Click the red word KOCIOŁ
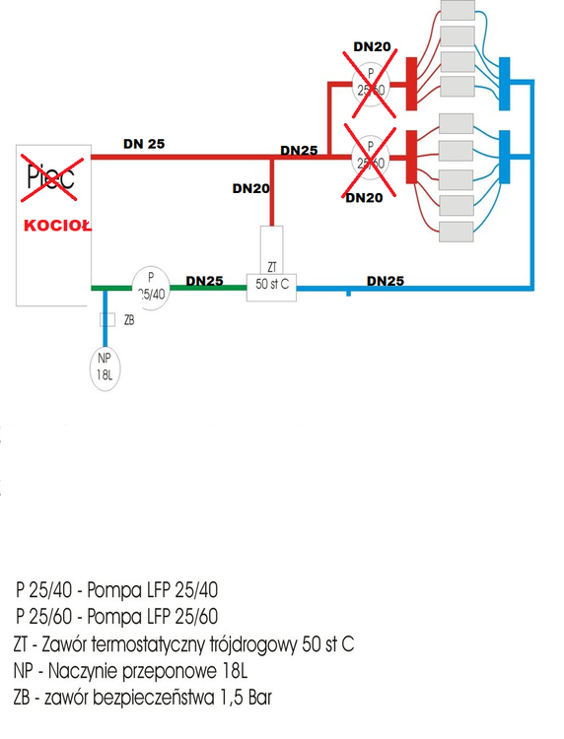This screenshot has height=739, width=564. pyautogui.click(x=57, y=225)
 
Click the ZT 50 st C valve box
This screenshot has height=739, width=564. pyautogui.click(x=271, y=283)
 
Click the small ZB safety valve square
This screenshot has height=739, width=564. pyautogui.click(x=107, y=320)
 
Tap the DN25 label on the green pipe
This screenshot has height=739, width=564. pyautogui.click(x=204, y=280)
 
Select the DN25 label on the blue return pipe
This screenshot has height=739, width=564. pyautogui.click(x=386, y=280)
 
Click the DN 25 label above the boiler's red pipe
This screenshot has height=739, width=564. pyautogui.click(x=144, y=143)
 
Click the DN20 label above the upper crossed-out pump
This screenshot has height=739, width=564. pyautogui.click(x=373, y=46)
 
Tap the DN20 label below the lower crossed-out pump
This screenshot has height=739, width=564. pyautogui.click(x=364, y=198)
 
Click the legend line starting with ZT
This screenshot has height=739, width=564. pyautogui.click(x=183, y=644)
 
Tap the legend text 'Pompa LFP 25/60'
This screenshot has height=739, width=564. pyautogui.click(x=153, y=618)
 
